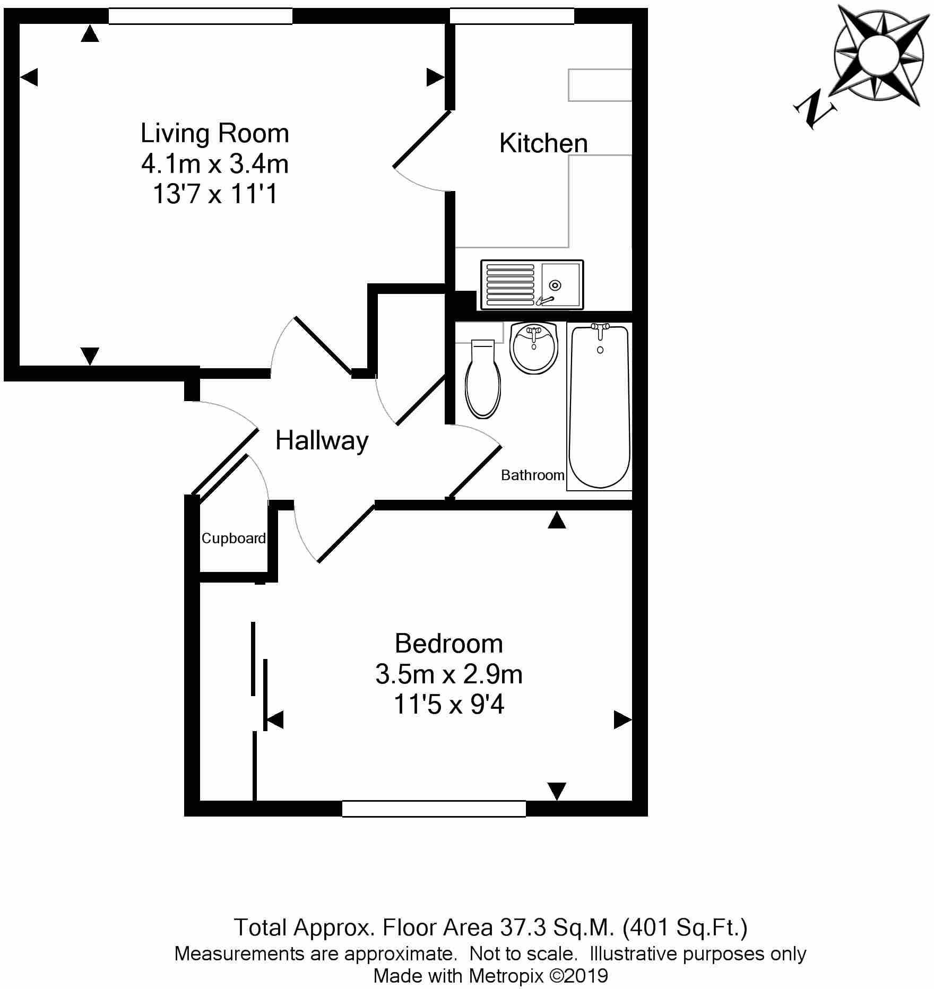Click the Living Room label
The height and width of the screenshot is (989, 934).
coord(214,133)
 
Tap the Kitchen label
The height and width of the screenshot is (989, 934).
coord(543,143)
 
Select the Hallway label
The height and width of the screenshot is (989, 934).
coord(322,441)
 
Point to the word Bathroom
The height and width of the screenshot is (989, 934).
coord(532,475)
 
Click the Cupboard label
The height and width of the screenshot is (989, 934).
coord(233,539)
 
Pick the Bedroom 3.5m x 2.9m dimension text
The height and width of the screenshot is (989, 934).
coord(448,674)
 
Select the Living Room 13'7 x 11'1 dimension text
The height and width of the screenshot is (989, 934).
coord(214,194)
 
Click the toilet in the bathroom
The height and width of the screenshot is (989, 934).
coord(483,379)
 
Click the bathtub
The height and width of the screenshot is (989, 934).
coord(599,406)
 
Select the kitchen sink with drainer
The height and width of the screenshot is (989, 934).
coord(532,285)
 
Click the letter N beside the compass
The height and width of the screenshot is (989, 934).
coord(815,110)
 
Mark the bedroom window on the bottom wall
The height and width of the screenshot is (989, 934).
coord(434,809)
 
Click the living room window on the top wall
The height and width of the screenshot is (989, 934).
coord(201,16)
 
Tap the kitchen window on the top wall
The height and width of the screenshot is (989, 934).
coord(512,16)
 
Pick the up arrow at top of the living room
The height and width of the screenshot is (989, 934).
coord(90,34)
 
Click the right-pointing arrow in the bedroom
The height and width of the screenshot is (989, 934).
coord(622,720)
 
